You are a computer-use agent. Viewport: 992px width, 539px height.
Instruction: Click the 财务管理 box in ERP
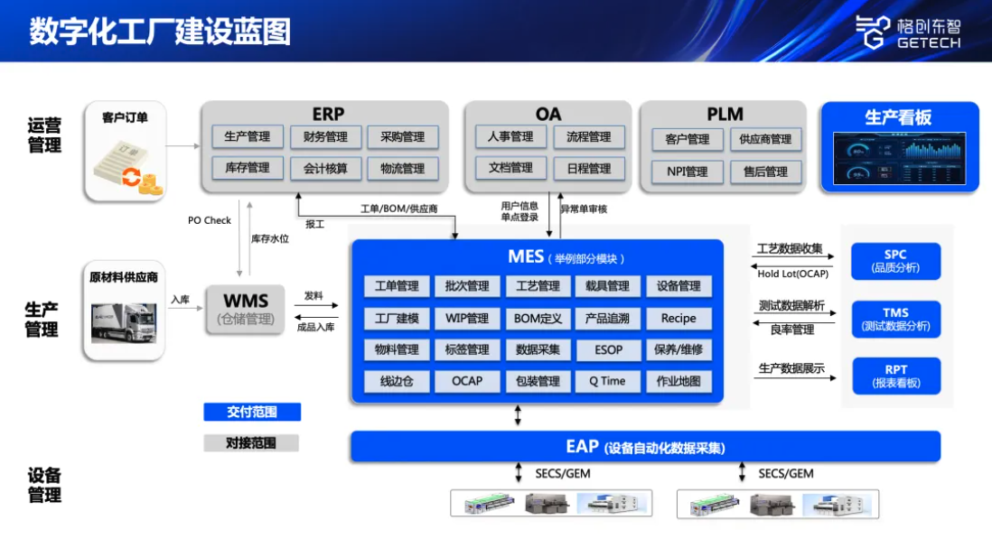[x=325, y=137]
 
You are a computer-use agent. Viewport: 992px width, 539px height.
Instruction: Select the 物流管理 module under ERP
[x=402, y=169]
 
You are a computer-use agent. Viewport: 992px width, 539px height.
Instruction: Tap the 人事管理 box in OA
[x=510, y=137]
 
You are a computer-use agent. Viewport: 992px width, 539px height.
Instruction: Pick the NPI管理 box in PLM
[x=687, y=172]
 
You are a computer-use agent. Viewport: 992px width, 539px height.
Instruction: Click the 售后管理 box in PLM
[x=765, y=172]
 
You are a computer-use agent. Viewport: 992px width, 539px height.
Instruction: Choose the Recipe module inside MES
[x=678, y=319]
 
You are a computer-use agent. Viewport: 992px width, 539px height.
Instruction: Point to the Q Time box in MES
[x=607, y=381]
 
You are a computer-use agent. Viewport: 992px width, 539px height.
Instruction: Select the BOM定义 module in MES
[x=538, y=319]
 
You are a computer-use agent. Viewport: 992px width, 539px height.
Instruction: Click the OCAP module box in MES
[x=467, y=381]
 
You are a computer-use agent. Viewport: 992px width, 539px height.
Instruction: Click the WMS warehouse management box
[x=246, y=309]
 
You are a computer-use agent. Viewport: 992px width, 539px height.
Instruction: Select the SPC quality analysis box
[x=895, y=261]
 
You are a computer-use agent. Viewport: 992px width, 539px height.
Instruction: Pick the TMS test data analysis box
[x=895, y=319]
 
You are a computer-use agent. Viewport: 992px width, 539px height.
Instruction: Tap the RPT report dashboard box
[x=895, y=376]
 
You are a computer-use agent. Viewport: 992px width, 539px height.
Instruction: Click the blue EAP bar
[x=645, y=446]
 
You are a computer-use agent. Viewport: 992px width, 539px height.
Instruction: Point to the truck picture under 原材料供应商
[x=124, y=322]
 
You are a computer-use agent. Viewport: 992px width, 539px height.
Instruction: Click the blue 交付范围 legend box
[x=251, y=413]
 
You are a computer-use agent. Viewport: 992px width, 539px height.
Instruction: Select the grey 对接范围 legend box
[x=251, y=443]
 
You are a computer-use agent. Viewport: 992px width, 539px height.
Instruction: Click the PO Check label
[x=210, y=220]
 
